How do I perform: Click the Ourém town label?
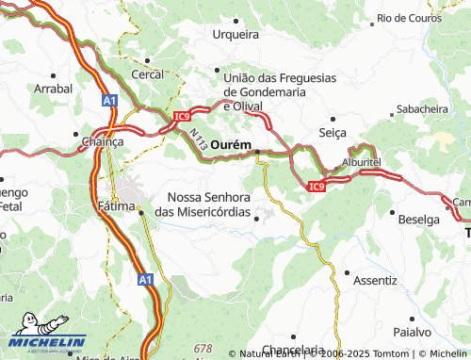pyautogui.click(x=231, y=144)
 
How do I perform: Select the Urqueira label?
pyautogui.click(x=235, y=34)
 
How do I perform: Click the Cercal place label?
pyautogui.click(x=148, y=74)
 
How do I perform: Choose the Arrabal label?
pyautogui.click(x=53, y=88)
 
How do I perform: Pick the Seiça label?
pyautogui.click(x=334, y=132)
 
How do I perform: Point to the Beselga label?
pyautogui.click(x=419, y=219)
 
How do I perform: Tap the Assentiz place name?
pyautogui.click(x=376, y=280)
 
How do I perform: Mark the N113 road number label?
pyautogui.click(x=198, y=142)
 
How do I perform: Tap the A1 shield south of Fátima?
pyautogui.click(x=143, y=280)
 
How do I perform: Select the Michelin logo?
pyautogui.click(x=47, y=342)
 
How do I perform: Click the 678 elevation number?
pyautogui.click(x=203, y=349)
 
